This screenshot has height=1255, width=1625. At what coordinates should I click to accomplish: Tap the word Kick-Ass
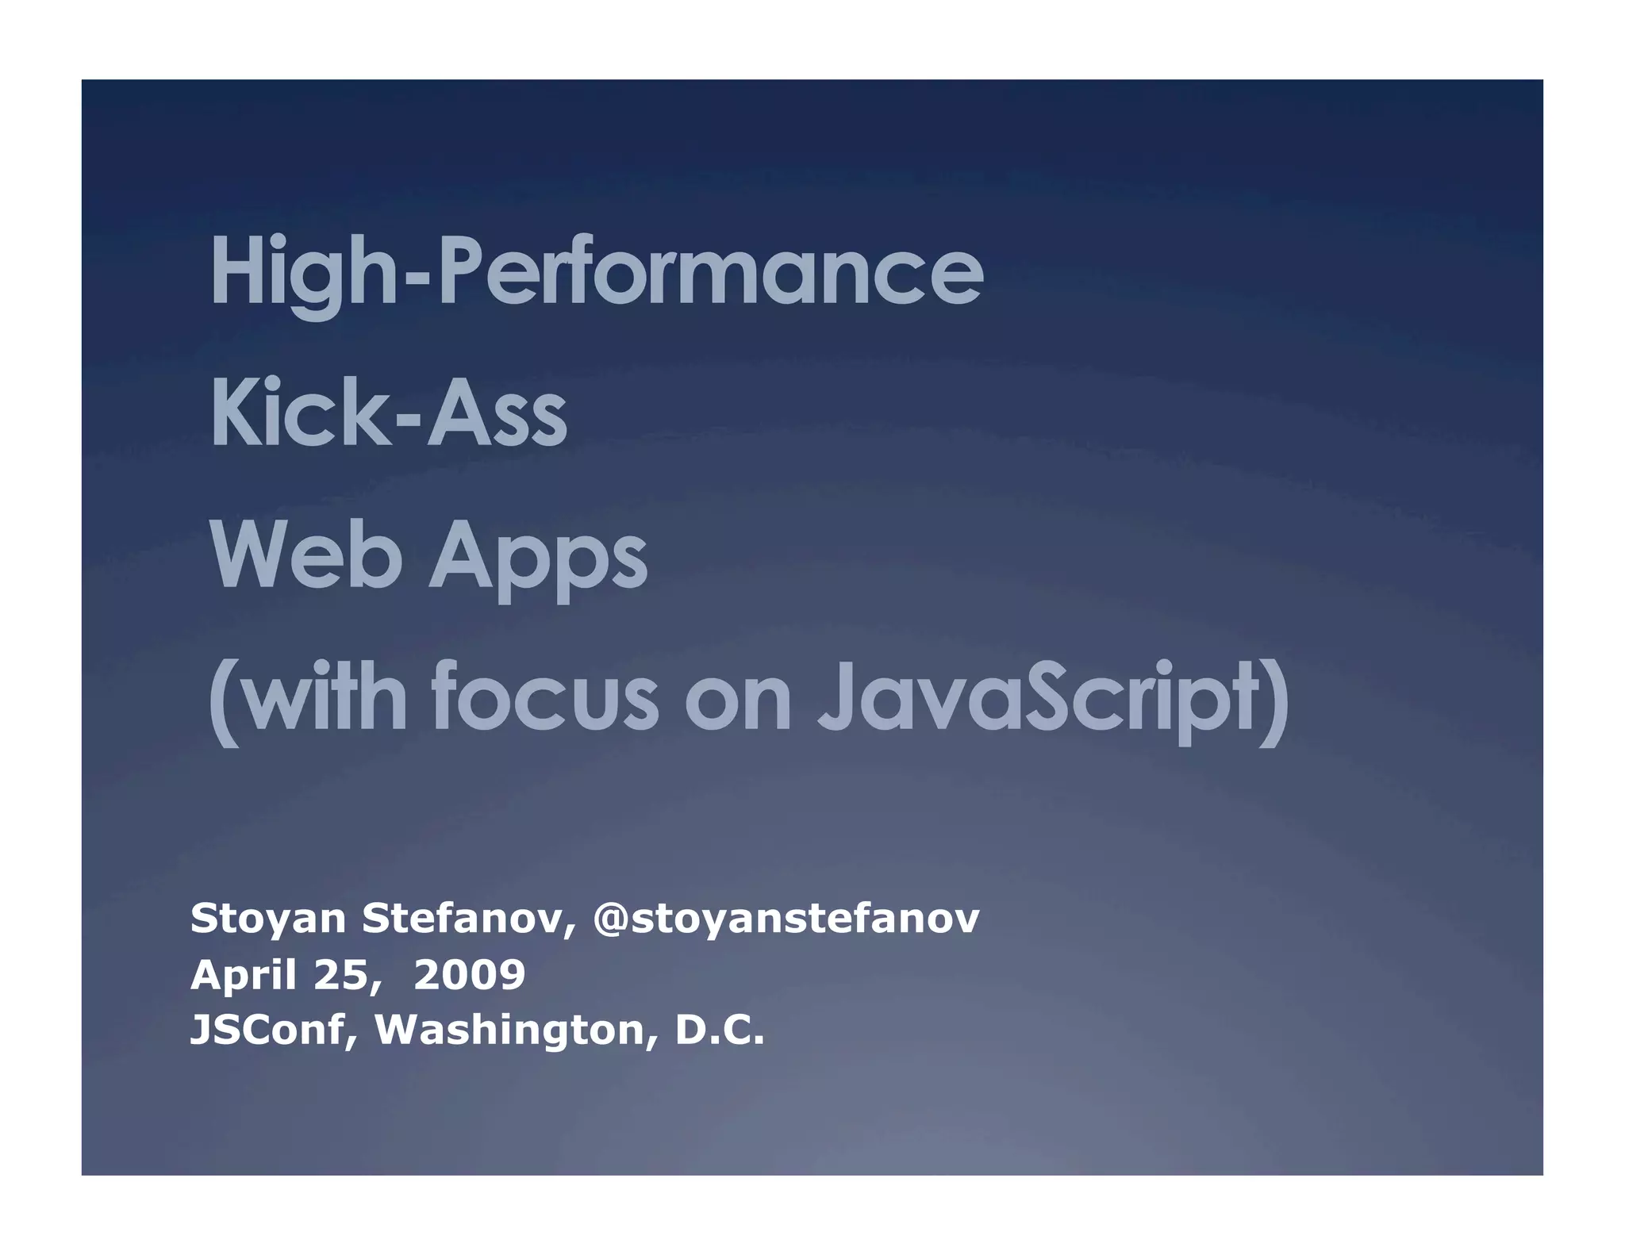389,415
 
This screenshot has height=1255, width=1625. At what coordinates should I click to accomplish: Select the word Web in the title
306,556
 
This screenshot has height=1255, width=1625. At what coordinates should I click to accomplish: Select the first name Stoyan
268,919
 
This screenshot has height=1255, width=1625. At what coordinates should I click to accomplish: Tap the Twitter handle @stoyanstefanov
786,919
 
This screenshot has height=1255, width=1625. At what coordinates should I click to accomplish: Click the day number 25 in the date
339,974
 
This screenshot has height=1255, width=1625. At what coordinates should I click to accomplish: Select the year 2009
469,974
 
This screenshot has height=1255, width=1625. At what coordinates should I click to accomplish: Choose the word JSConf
275,1030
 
